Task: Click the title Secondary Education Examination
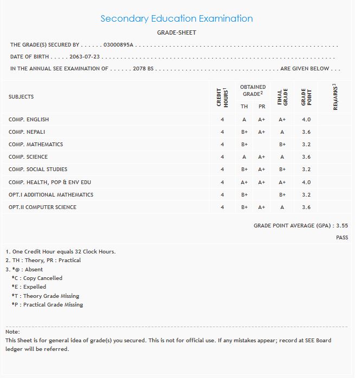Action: click(x=177, y=18)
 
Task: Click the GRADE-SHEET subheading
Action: click(x=177, y=32)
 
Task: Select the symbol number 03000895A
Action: click(x=118, y=45)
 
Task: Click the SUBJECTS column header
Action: click(x=21, y=97)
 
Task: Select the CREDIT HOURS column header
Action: click(x=222, y=96)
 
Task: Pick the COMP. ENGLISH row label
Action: click(x=29, y=119)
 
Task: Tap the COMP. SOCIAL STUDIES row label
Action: click(x=38, y=170)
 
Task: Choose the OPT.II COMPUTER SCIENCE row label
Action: click(x=42, y=207)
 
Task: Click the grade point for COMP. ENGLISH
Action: click(x=306, y=119)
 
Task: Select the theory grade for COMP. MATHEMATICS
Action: click(x=245, y=145)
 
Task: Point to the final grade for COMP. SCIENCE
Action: click(x=282, y=157)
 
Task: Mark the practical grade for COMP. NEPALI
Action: click(x=261, y=132)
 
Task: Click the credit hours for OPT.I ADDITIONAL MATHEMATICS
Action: click(x=222, y=195)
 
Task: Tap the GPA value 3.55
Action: click(x=342, y=225)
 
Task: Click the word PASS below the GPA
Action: click(x=342, y=238)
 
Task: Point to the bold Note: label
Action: click(x=12, y=331)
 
